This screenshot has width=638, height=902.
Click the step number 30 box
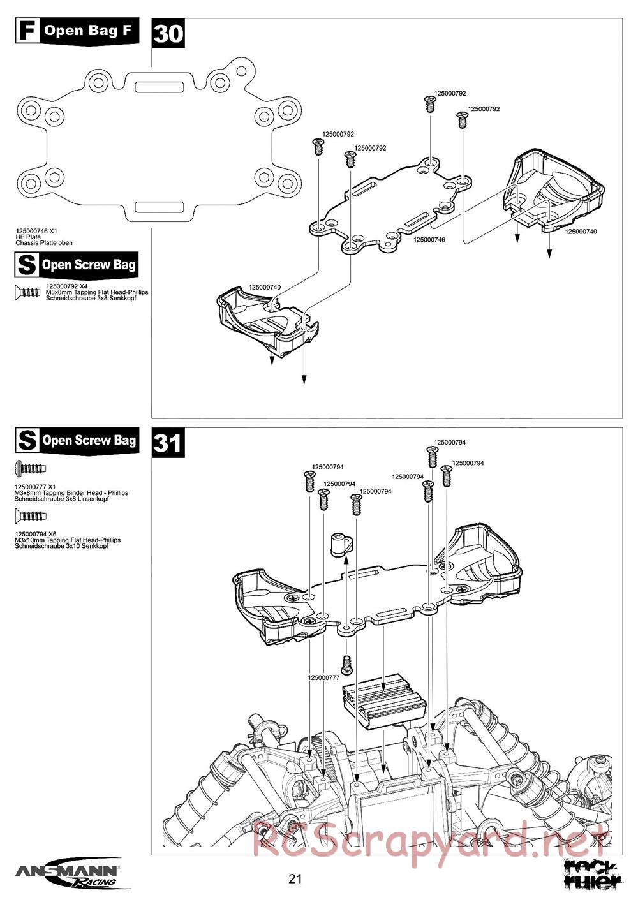point(168,33)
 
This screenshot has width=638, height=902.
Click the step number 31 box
point(168,441)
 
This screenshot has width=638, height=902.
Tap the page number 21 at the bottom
point(295,879)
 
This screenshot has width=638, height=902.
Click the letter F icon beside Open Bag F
point(27,30)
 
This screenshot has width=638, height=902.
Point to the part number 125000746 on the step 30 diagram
point(429,240)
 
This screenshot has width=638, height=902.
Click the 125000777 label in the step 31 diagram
point(323,678)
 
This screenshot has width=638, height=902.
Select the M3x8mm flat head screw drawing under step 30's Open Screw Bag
point(28,292)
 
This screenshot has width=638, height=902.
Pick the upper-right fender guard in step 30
point(552,190)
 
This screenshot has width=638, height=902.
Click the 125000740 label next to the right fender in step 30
point(581,232)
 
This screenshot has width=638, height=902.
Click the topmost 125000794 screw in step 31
point(431,456)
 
